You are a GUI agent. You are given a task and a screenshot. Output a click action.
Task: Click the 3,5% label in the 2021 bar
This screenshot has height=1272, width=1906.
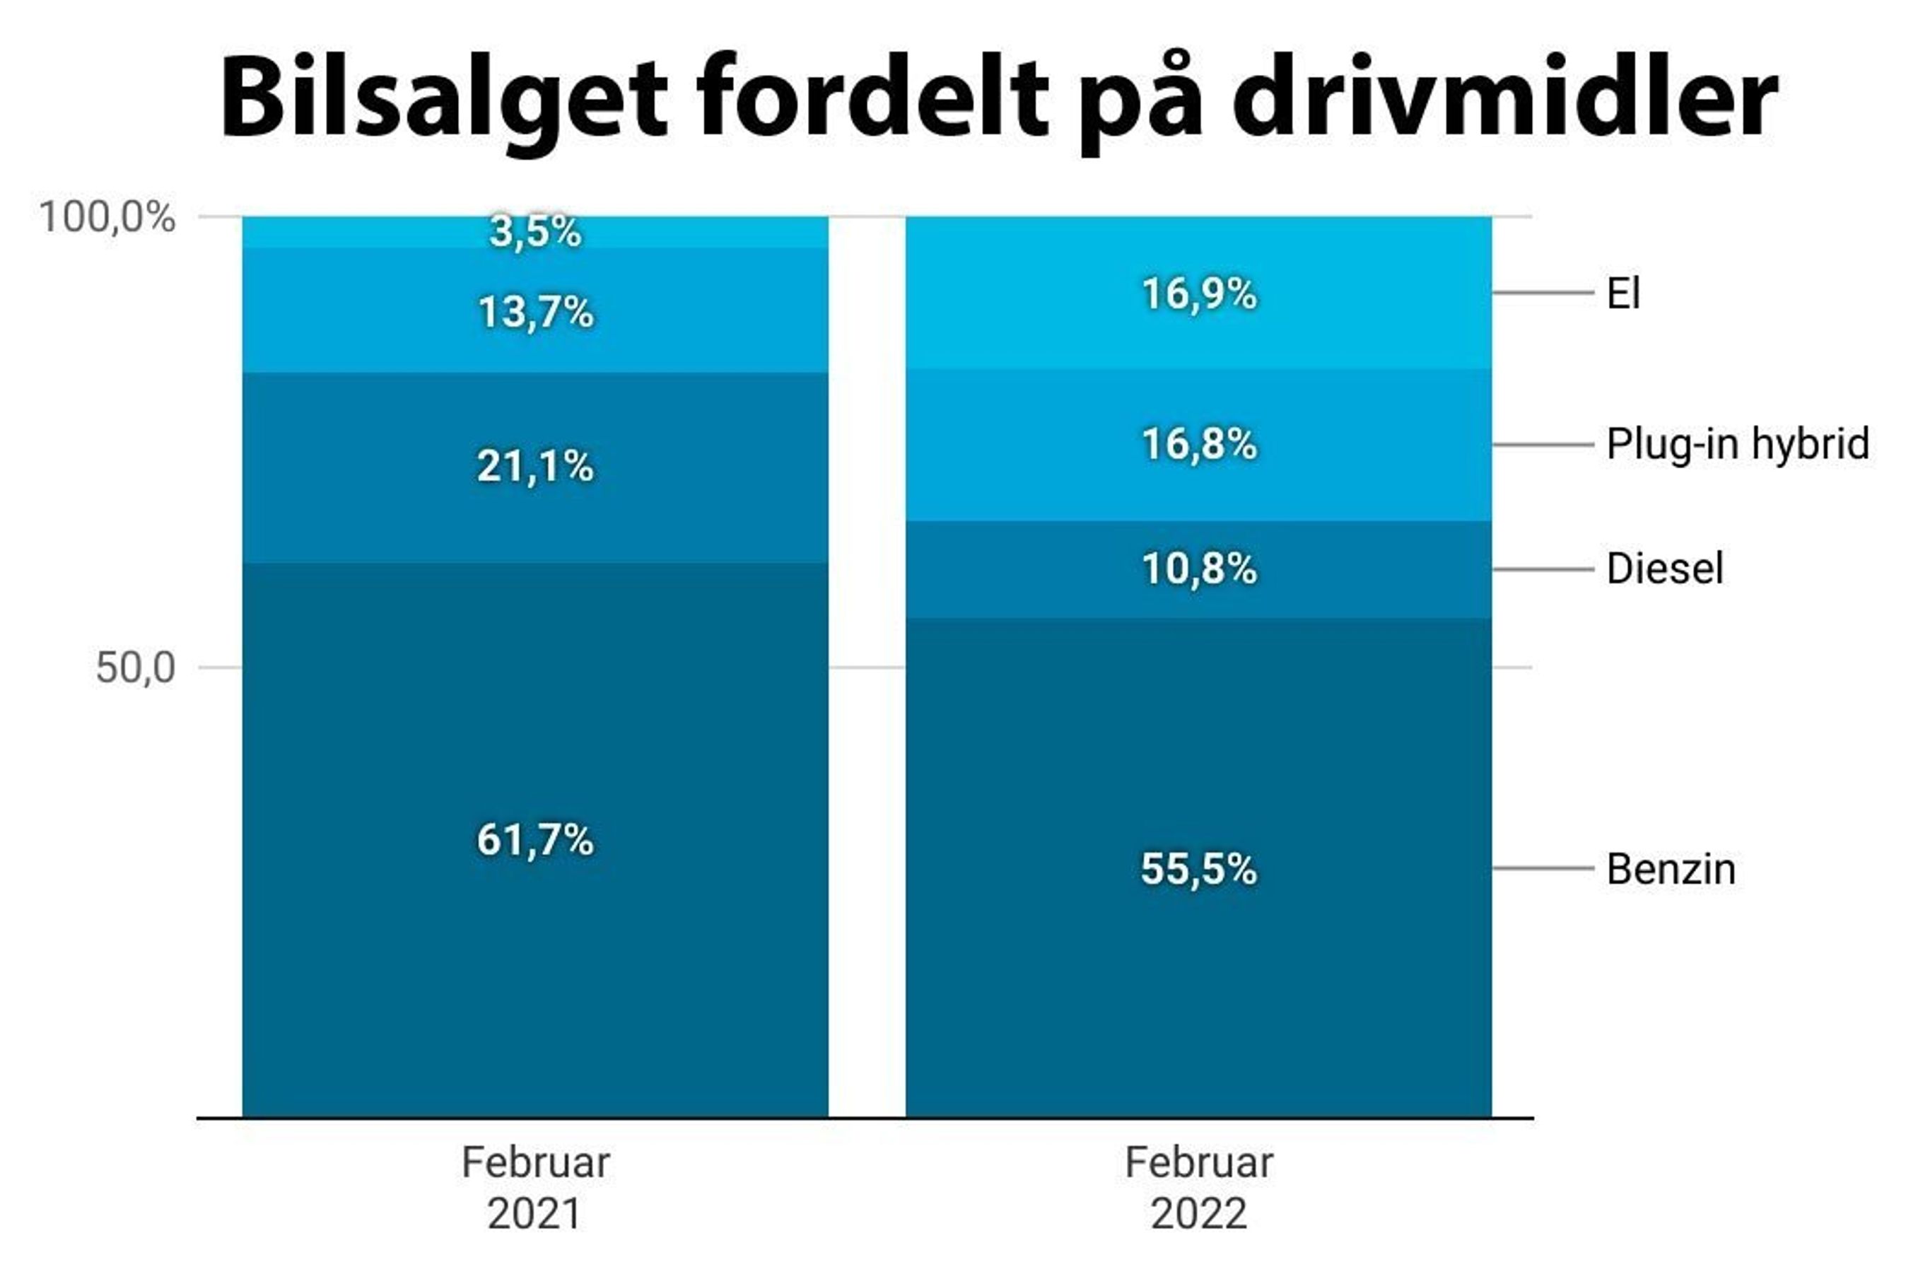tap(535, 232)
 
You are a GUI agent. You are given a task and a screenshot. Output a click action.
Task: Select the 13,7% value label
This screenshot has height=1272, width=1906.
tap(535, 313)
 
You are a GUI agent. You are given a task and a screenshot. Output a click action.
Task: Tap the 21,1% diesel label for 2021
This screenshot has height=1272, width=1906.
tap(535, 467)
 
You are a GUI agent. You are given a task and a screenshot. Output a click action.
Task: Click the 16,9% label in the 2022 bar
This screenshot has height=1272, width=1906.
tap(1199, 293)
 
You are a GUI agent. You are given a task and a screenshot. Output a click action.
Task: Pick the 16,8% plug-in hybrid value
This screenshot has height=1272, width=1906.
tap(1199, 445)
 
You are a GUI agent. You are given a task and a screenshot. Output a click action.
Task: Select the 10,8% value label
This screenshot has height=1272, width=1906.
tap(1199, 568)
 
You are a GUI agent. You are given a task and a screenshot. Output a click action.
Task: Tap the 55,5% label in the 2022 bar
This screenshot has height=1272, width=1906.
tap(1199, 869)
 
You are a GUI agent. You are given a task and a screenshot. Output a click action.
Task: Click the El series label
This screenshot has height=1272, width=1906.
tap(1623, 293)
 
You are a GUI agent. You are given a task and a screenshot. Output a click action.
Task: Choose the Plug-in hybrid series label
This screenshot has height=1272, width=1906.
tap(1737, 445)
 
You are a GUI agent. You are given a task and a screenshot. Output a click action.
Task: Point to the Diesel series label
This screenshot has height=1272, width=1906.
tap(1664, 568)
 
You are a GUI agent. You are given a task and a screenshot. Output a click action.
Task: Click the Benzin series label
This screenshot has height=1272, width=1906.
tap(1671, 869)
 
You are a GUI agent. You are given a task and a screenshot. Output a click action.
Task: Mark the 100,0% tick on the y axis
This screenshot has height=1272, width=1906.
tap(107, 217)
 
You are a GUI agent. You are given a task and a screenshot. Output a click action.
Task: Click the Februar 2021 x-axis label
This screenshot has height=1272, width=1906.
tap(535, 1188)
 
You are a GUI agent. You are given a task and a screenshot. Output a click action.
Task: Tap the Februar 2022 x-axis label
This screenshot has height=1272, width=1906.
tap(1199, 1188)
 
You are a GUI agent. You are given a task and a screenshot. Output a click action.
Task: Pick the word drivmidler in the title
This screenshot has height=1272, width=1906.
tap(1505, 98)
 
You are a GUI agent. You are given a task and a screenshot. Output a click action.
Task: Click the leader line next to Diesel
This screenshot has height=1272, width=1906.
tap(1543, 569)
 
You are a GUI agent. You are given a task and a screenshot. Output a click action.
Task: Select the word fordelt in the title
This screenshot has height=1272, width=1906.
tap(872, 98)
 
